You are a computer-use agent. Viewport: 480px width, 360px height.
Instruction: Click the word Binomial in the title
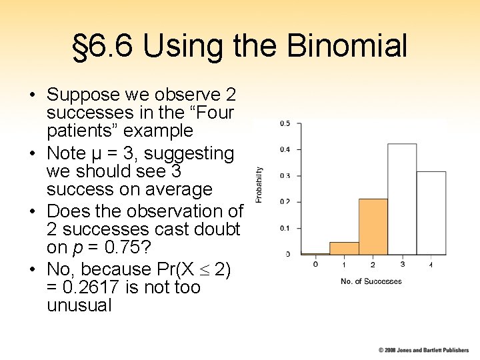click(347, 47)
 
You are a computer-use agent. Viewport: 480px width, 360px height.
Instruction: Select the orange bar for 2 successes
click(373, 227)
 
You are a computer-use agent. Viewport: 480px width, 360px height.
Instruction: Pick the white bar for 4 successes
click(431, 213)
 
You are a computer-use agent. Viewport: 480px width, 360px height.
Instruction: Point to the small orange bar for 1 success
click(344, 248)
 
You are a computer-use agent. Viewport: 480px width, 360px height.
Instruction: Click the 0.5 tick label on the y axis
click(285, 123)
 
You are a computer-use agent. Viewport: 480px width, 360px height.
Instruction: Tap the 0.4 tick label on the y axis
click(285, 149)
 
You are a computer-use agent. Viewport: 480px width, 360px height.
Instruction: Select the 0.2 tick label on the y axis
click(285, 202)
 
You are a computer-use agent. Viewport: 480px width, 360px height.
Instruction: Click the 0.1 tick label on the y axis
click(285, 228)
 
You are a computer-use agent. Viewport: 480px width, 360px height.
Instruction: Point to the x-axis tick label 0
click(315, 265)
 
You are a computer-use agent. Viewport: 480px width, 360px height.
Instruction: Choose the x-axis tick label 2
click(373, 265)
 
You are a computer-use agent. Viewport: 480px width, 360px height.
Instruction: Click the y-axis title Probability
click(259, 185)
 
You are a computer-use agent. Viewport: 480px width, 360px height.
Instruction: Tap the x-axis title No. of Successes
click(371, 281)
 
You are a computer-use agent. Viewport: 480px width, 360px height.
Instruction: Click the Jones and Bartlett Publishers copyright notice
click(423, 350)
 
